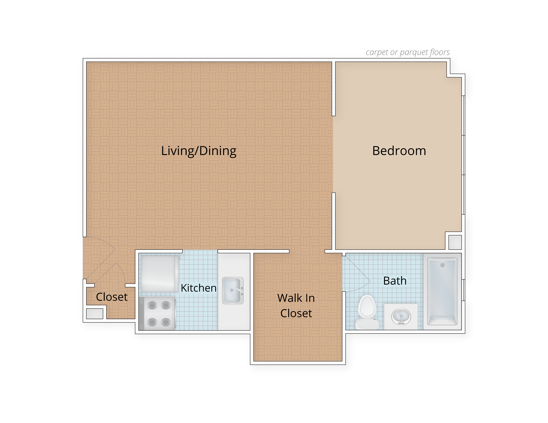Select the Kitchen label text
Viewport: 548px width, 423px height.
point(198,288)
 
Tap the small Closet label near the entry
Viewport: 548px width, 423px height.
point(112,297)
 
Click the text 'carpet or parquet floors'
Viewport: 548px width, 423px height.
point(407,52)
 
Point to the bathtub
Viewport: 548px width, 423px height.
point(442,291)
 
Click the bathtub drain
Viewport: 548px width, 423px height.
point(442,265)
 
